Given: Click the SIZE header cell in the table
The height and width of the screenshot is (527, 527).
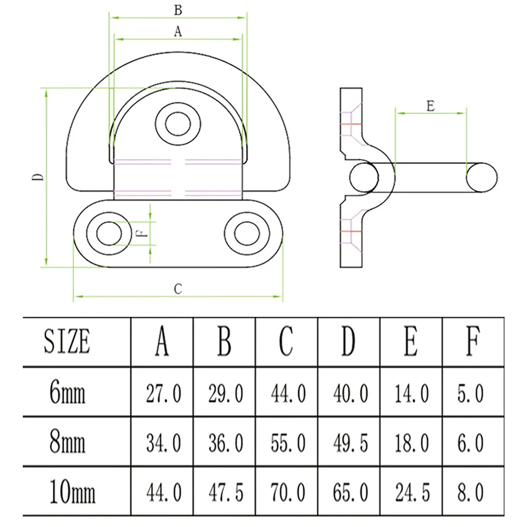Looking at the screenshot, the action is [x=67, y=341].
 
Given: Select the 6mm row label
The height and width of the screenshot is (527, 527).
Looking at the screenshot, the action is [x=67, y=392].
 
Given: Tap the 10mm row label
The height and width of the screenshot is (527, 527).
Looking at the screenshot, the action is [x=72, y=491].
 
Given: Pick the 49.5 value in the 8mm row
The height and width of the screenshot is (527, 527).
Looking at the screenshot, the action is [x=350, y=443].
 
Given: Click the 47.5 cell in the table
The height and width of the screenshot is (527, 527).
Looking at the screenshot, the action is [x=226, y=492].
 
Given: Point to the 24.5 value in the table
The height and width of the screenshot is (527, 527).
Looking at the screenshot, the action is [x=413, y=492].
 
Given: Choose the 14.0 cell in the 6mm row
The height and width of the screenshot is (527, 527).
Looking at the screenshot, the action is [x=412, y=393].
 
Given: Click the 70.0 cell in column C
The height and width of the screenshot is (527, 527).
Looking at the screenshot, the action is [x=288, y=492].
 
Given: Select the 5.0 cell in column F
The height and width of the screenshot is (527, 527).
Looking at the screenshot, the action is [x=470, y=393].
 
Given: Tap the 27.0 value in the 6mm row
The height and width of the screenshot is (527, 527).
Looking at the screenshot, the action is [x=164, y=393].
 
